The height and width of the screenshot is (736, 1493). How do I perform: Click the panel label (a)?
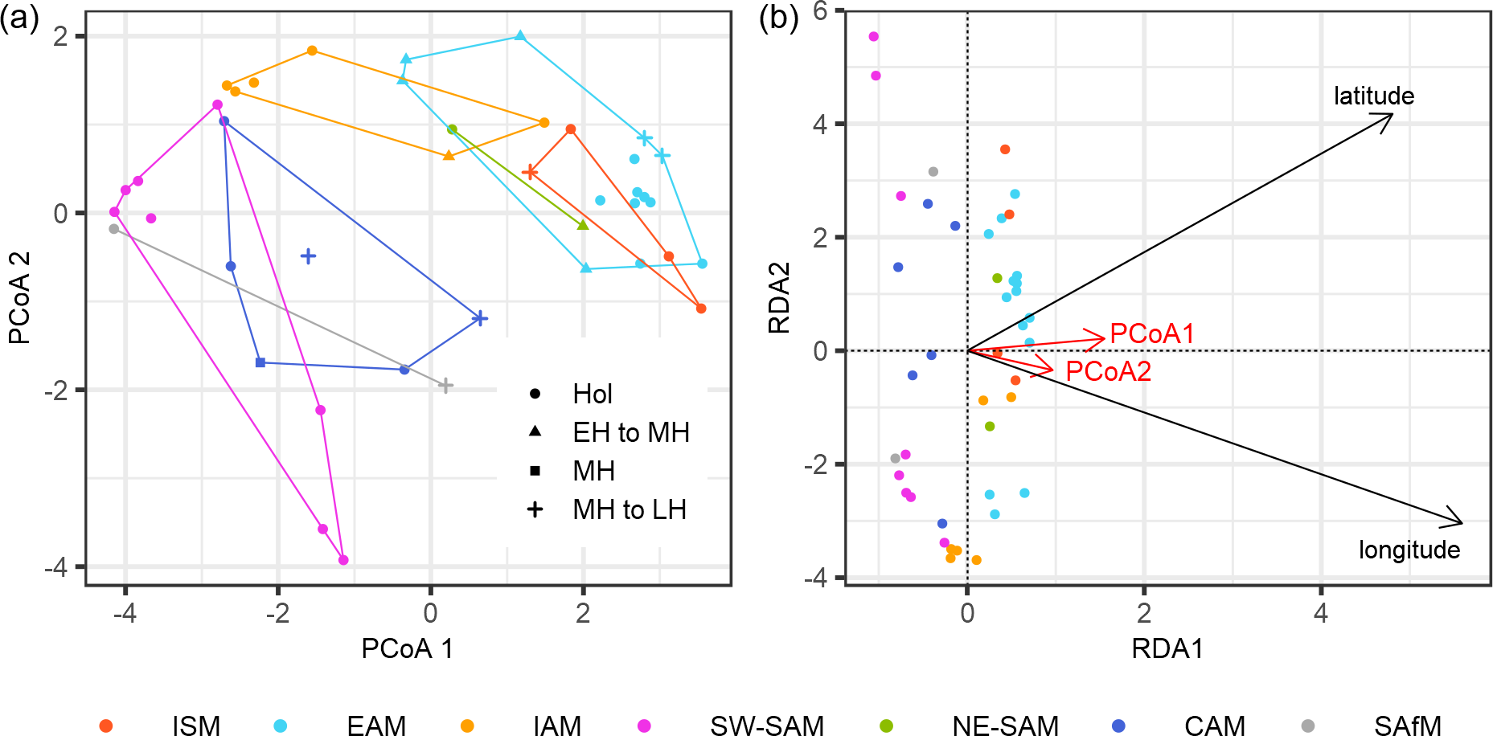pos(19,18)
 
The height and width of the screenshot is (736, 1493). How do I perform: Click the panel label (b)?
pos(778,18)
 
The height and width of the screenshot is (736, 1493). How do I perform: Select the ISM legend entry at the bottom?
pos(195,726)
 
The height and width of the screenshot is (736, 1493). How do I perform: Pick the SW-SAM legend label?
pos(766,726)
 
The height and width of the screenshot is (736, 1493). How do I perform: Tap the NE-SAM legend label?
pos(1005,726)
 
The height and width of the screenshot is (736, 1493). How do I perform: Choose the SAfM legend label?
pos(1407,726)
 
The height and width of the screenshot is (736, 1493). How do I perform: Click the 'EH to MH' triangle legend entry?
pos(630,432)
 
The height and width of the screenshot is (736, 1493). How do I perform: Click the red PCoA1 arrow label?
pos(1151,333)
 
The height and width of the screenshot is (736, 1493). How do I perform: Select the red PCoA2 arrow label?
pos(1108,371)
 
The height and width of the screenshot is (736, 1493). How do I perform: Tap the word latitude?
pos(1373,96)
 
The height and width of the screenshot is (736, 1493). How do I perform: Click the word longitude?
pos(1409,550)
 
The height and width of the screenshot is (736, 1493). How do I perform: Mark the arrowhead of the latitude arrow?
pos(1391,116)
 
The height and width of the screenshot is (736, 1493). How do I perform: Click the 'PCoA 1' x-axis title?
pos(407,648)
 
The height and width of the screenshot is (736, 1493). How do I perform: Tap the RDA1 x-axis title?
pos(1167,648)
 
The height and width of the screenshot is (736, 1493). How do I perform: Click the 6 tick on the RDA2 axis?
pos(820,11)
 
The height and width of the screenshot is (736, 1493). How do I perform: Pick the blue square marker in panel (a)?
pos(260,363)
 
